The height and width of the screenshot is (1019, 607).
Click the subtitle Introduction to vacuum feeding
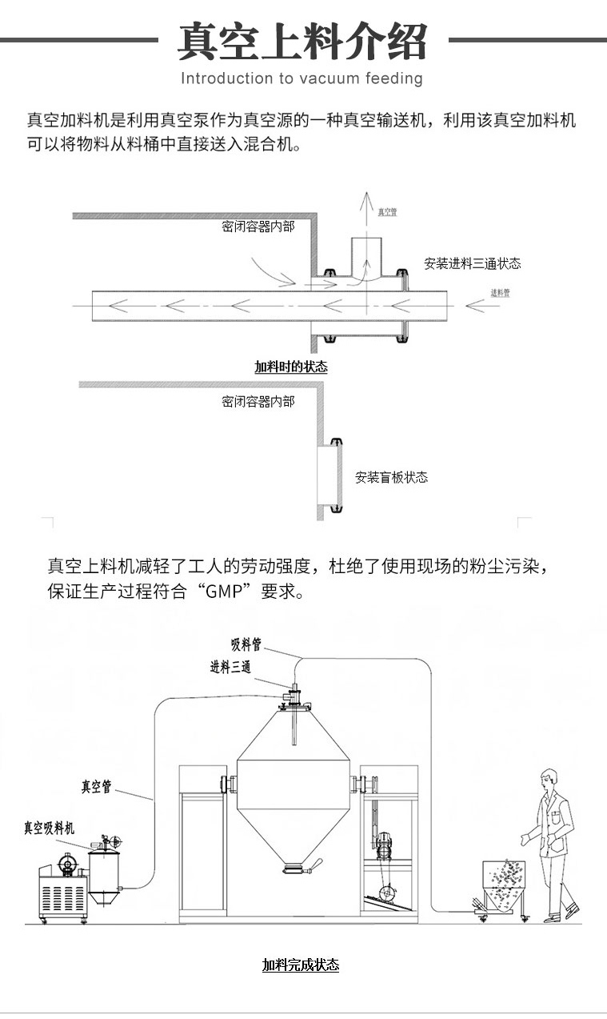point(302,78)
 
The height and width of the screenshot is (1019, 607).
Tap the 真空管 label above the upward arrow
point(388,212)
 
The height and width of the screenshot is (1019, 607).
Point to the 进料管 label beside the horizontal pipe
point(500,293)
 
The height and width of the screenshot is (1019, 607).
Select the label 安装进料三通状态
point(473,263)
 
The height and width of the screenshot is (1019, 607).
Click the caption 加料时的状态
point(290,367)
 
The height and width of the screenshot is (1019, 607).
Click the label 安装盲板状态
point(392,478)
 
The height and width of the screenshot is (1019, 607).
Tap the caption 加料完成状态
point(301,965)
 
